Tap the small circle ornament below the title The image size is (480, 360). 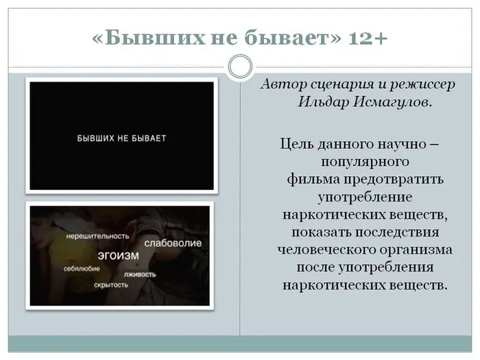pyautogui.click(x=240, y=67)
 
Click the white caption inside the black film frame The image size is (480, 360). pyautogui.click(x=121, y=139)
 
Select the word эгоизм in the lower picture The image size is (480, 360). pyautogui.click(x=118, y=255)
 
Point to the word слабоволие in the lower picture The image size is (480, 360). pyautogui.click(x=172, y=243)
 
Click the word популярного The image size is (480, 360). pyautogui.click(x=365, y=162)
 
